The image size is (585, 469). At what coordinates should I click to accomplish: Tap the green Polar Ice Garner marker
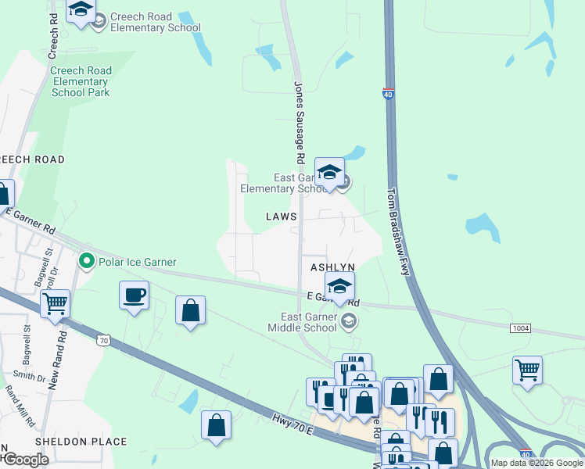coord(87,261)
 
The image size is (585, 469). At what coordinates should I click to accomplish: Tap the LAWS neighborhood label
coord(281,216)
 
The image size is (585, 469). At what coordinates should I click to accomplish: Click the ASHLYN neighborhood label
coord(333,267)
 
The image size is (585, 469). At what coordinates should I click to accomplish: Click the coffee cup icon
coord(134,296)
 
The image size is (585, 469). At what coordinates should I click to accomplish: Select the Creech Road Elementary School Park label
coord(81,81)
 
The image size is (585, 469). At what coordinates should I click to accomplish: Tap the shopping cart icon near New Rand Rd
coord(55,304)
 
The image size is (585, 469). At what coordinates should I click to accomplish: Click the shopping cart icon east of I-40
coord(527,370)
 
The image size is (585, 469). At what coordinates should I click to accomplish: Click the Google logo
coord(26,460)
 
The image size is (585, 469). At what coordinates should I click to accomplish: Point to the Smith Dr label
coord(30,376)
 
